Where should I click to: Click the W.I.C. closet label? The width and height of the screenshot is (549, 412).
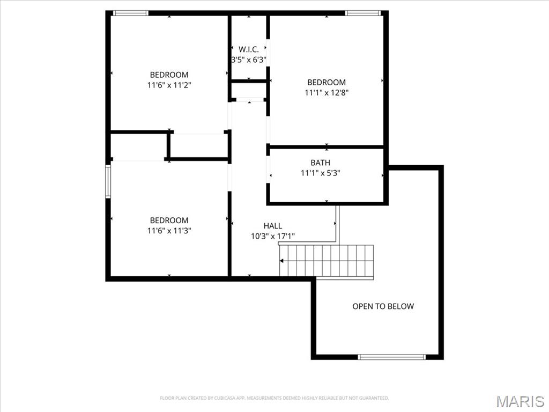(x=249, y=49)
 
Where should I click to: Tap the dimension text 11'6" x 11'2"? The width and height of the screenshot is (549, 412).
(x=169, y=85)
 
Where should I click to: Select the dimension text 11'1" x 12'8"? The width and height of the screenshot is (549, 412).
(x=327, y=92)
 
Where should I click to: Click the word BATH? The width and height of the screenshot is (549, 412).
(x=321, y=163)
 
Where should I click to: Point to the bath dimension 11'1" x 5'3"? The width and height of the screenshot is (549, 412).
(x=321, y=173)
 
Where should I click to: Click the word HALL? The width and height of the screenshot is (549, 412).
(x=272, y=226)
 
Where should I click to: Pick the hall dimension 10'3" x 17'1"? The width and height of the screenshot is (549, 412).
(x=272, y=236)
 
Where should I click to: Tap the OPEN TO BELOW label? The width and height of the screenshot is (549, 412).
(x=383, y=306)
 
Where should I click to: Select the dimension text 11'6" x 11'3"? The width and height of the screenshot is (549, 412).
(x=169, y=230)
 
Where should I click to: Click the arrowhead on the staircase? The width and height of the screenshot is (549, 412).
(x=282, y=261)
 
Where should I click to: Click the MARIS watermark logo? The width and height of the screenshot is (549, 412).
(x=520, y=401)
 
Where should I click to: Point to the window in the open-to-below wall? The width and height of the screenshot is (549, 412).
(x=392, y=357)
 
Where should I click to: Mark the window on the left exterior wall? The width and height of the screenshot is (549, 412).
(x=108, y=182)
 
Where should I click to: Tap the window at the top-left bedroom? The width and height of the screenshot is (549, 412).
(x=131, y=13)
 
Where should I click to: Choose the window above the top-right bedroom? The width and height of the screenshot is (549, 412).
(x=363, y=13)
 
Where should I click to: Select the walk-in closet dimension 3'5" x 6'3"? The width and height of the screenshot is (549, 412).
(x=249, y=60)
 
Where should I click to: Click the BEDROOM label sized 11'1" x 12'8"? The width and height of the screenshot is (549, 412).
(x=327, y=82)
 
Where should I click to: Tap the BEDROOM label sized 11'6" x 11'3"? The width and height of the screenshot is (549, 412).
(x=169, y=220)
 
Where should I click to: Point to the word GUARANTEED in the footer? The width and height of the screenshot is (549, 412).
(x=374, y=398)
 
